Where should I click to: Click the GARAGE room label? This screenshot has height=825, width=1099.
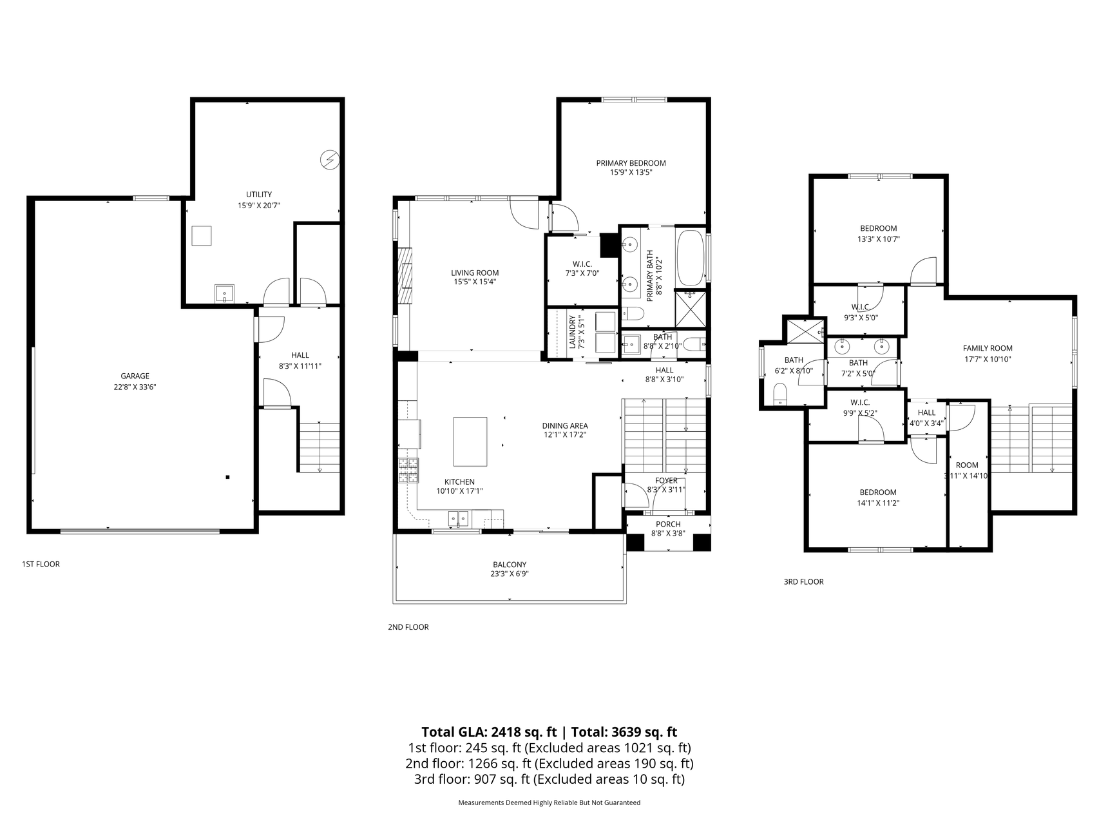click(135, 376)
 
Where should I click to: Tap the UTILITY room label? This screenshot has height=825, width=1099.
click(259, 195)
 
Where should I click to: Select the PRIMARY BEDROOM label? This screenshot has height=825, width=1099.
click(631, 163)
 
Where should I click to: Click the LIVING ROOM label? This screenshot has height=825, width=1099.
click(475, 273)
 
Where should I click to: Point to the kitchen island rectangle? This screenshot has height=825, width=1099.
click(470, 442)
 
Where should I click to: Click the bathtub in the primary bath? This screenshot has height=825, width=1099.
click(691, 258)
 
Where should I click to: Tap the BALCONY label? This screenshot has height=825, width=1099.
click(510, 565)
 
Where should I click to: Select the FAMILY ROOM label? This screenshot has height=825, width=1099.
click(988, 349)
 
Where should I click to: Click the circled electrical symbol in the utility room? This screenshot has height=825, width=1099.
click(330, 159)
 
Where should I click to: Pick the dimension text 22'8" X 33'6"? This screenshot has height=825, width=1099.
click(135, 387)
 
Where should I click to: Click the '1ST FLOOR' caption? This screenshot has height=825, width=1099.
click(41, 564)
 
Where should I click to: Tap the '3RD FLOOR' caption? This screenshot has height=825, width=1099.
click(803, 581)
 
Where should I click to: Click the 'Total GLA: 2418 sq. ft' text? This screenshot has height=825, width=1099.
click(489, 732)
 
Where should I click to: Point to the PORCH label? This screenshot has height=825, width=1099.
click(668, 524)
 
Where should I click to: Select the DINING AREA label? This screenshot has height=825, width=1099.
click(565, 425)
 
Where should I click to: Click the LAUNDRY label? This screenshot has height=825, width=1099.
click(571, 332)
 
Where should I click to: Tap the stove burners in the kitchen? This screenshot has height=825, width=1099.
click(408, 471)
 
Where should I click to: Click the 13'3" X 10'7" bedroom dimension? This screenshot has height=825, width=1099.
click(878, 239)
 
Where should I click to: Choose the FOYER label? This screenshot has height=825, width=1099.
click(666, 481)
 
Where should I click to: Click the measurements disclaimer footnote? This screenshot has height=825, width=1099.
click(549, 803)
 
